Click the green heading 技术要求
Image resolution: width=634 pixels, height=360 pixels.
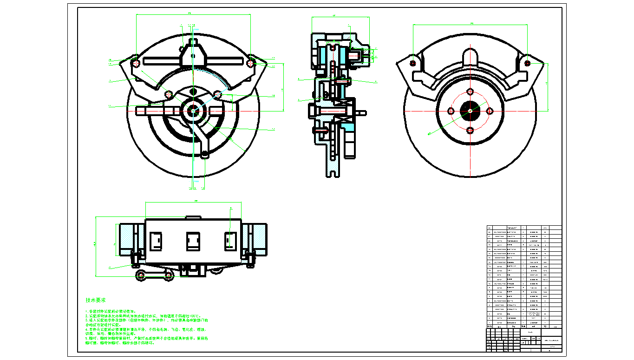click(x=95, y=300)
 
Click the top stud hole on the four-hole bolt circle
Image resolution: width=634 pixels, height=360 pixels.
click(x=471, y=91)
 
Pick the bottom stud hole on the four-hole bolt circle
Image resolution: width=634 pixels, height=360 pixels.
click(x=471, y=130)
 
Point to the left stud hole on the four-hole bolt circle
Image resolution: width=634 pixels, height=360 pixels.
click(x=451, y=111)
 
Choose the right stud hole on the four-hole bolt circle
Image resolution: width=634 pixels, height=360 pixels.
click(x=490, y=111)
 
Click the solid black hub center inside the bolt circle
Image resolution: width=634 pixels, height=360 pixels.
click(x=470, y=111)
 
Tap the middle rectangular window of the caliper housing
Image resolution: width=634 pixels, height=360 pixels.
click(x=193, y=241)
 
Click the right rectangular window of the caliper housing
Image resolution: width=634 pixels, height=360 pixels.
click(x=231, y=241)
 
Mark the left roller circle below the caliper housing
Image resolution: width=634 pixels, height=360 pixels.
click(x=140, y=275)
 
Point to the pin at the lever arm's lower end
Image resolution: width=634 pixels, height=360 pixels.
click(x=205, y=154)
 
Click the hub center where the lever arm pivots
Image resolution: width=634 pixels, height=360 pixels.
click(x=193, y=110)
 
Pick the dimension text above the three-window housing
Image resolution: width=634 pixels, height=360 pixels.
click(x=196, y=201)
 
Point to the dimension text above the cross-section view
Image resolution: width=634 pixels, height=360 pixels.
click(x=334, y=16)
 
